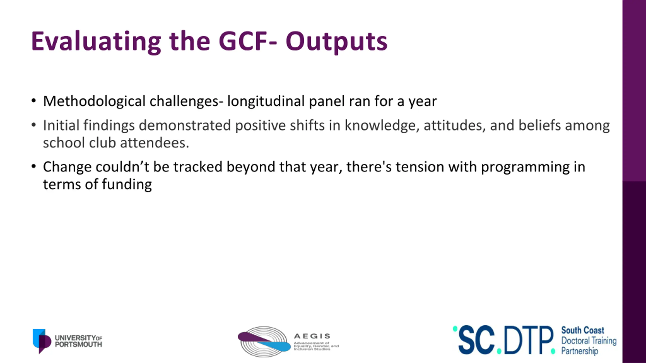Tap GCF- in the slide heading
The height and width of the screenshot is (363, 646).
click(x=248, y=41)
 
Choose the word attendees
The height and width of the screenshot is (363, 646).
click(x=154, y=143)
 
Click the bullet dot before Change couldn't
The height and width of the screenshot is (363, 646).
click(x=34, y=166)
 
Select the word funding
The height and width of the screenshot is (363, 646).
click(x=127, y=185)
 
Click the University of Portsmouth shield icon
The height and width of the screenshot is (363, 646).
click(x=42, y=341)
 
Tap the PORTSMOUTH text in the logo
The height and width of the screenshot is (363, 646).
click(x=78, y=344)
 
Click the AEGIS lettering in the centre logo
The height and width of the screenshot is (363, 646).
click(x=312, y=336)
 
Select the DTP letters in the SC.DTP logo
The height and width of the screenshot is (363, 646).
click(x=528, y=340)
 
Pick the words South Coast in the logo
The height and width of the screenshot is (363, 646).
click(x=583, y=330)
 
